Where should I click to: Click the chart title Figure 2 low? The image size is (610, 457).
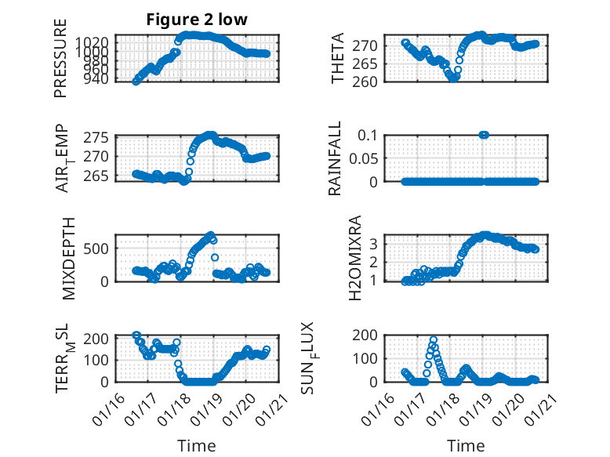[197, 20]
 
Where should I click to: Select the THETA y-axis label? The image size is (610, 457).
[338, 59]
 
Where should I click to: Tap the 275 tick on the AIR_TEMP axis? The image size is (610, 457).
[98, 138]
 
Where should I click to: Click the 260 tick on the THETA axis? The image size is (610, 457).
[369, 81]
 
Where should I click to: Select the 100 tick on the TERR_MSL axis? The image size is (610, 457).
[98, 358]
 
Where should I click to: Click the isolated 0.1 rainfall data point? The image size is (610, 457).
[484, 135]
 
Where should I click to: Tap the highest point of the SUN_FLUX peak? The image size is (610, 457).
[434, 340]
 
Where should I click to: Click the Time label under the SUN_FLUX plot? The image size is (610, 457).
[466, 445]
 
